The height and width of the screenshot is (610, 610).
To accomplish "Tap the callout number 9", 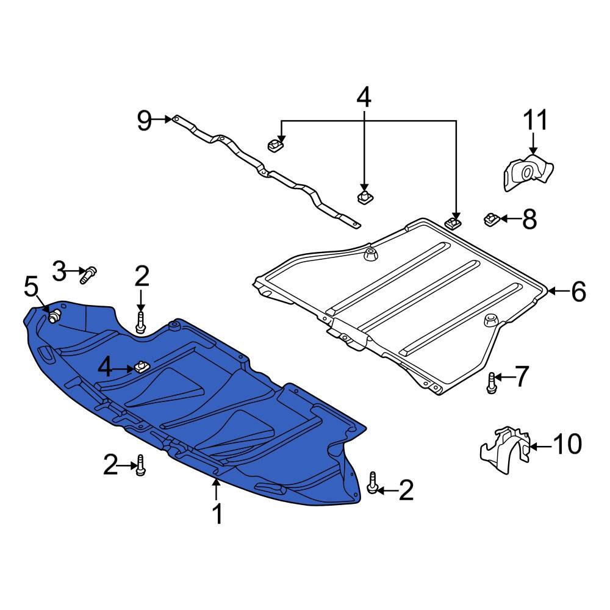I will pyautogui.click(x=144, y=120).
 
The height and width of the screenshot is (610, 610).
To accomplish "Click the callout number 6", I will pyautogui.click(x=578, y=292).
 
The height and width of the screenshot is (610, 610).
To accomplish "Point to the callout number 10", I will pyautogui.click(x=566, y=445).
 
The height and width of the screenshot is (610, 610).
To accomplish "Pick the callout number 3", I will pyautogui.click(x=59, y=271).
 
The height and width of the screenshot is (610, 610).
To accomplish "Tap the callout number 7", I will pyautogui.click(x=523, y=377).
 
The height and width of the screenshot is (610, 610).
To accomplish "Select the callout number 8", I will pyautogui.click(x=529, y=219).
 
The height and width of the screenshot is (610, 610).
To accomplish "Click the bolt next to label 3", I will pyautogui.click(x=89, y=274).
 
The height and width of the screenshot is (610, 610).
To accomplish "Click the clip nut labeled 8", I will pyautogui.click(x=492, y=218).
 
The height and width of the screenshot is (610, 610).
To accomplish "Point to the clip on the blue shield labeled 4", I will pyautogui.click(x=142, y=366).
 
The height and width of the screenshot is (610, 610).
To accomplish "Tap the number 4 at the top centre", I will pyautogui.click(x=363, y=98).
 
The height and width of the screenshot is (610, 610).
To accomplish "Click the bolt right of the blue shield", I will pyautogui.click(x=373, y=483).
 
